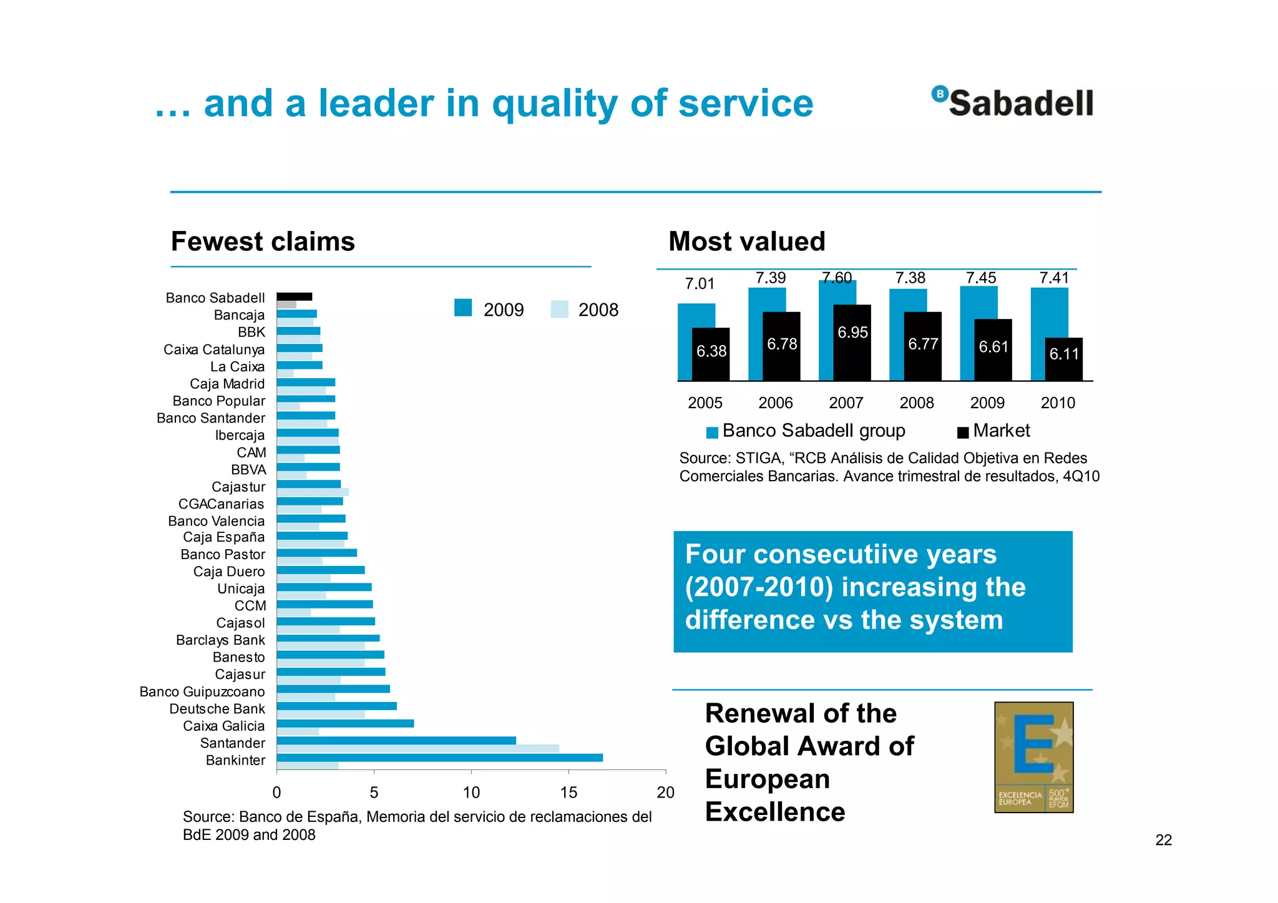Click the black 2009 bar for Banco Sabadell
(295, 296)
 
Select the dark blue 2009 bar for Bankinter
(439, 758)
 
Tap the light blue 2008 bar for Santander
(417, 748)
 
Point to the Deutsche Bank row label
(217, 709)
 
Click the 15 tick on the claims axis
(568, 793)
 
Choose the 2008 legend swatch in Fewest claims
(560, 310)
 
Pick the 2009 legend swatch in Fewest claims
(463, 308)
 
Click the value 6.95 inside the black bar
(852, 333)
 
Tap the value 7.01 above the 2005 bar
(699, 284)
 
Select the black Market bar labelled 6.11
(1064, 359)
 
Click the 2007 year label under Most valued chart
(846, 403)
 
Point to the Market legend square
(963, 432)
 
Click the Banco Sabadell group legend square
(712, 432)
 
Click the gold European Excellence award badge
(1033, 757)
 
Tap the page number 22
(1163, 840)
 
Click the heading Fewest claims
(263, 242)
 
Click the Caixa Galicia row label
(223, 726)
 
